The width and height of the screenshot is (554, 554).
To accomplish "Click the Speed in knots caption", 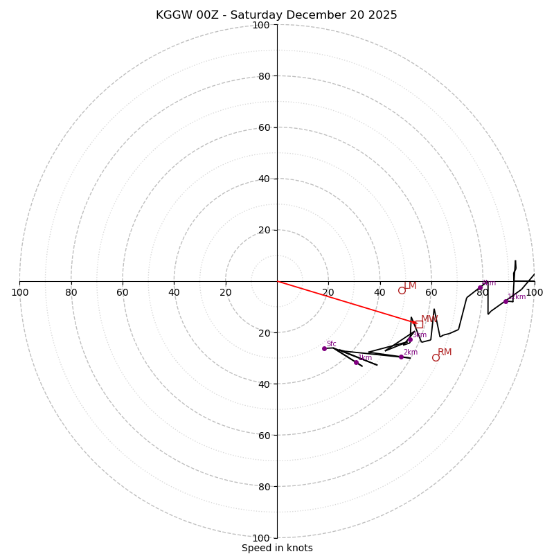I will pyautogui.click(x=277, y=548).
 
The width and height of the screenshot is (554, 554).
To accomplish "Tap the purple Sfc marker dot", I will pyautogui.click(x=324, y=348).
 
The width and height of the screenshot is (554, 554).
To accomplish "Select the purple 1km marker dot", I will pyautogui.click(x=357, y=362).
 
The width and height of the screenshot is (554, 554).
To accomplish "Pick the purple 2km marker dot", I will pyautogui.click(x=401, y=357).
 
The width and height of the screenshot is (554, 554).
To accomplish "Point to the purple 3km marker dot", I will pyautogui.click(x=410, y=339).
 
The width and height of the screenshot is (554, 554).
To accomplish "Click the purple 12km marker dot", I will pyautogui.click(x=506, y=301).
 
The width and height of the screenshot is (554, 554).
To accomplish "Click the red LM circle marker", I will pyautogui.click(x=402, y=290).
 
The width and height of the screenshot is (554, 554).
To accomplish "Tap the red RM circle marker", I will pyautogui.click(x=436, y=357).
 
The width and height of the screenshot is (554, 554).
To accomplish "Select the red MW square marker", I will pyautogui.click(x=419, y=324).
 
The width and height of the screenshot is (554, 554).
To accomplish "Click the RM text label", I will pyautogui.click(x=445, y=352).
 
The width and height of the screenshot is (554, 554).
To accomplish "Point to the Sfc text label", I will pyautogui.click(x=331, y=343).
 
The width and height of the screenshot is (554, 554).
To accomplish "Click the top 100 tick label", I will pyautogui.click(x=261, y=25).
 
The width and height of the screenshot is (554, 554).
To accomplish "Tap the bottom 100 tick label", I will pyautogui.click(x=261, y=538).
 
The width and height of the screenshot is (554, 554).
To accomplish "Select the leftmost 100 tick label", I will pyautogui.click(x=19, y=292).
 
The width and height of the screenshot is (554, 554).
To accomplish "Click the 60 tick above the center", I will pyautogui.click(x=264, y=127).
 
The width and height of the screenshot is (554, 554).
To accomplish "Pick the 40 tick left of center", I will pyautogui.click(x=174, y=292).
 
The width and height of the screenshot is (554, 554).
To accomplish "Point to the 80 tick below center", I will pyautogui.click(x=264, y=487).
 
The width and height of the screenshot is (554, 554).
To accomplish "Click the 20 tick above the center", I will pyautogui.click(x=264, y=230).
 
